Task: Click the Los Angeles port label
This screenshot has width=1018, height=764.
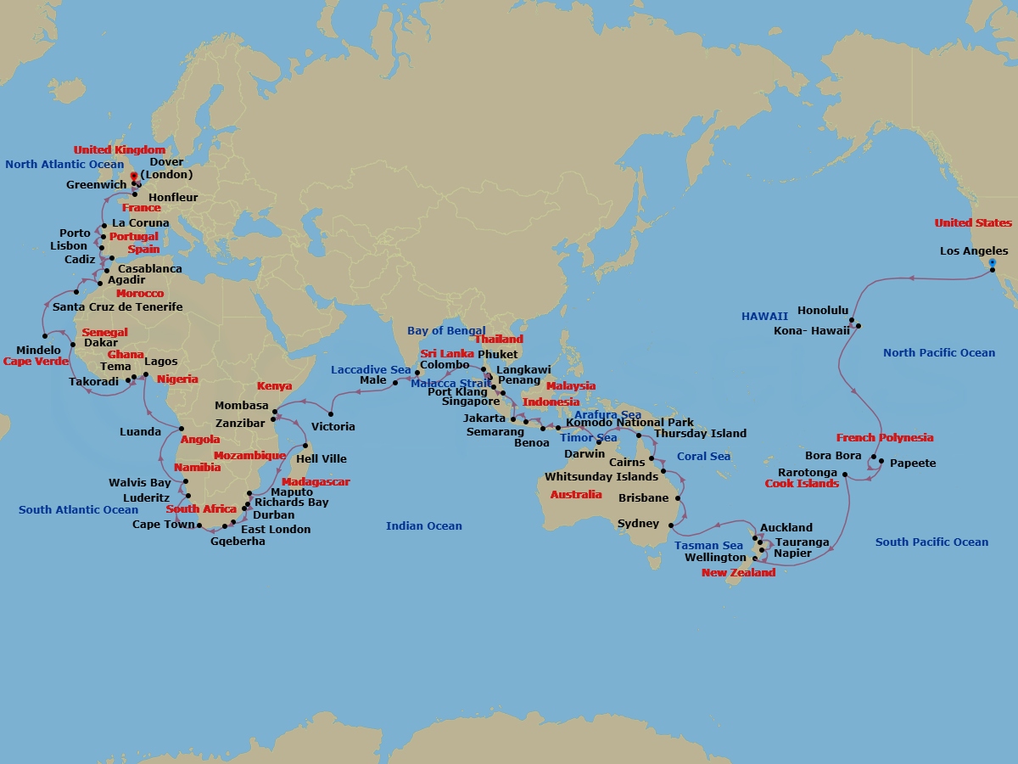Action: click(974, 251)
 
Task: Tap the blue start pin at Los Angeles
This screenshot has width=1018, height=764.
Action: click(992, 264)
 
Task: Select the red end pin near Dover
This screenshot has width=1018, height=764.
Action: click(133, 177)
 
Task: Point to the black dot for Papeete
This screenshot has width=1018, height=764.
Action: click(881, 462)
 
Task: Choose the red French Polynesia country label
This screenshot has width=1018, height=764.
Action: click(884, 438)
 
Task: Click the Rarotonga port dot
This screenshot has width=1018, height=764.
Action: click(845, 475)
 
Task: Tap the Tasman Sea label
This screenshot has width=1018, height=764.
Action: click(708, 546)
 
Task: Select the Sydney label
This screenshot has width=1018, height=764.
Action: click(638, 524)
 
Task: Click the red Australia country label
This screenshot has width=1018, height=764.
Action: click(576, 495)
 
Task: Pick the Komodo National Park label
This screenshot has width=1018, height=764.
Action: click(629, 423)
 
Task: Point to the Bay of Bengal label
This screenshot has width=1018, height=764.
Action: click(446, 331)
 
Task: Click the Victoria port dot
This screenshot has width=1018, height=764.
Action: click(331, 414)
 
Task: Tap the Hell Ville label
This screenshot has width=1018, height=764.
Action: click(321, 459)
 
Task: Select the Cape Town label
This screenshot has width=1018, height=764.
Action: click(163, 525)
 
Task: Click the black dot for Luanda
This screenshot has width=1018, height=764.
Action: click(182, 428)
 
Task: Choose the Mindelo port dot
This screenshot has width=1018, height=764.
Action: click(44, 336)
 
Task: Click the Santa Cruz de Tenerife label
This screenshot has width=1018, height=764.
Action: click(117, 307)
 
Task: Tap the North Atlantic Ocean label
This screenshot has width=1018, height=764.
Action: click(64, 165)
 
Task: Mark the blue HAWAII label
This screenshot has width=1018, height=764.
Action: click(764, 316)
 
